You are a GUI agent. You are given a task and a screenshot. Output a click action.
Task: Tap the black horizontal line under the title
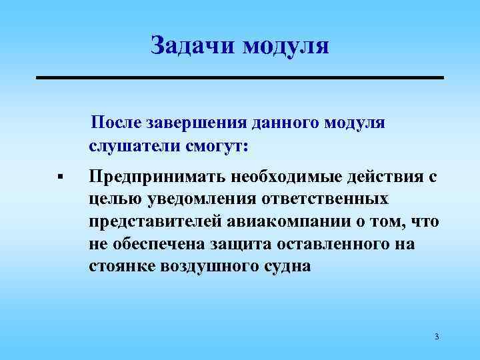click(239, 78)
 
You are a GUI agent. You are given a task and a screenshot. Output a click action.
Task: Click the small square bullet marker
click(59, 177)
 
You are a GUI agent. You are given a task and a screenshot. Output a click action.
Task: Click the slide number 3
click(436, 336)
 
